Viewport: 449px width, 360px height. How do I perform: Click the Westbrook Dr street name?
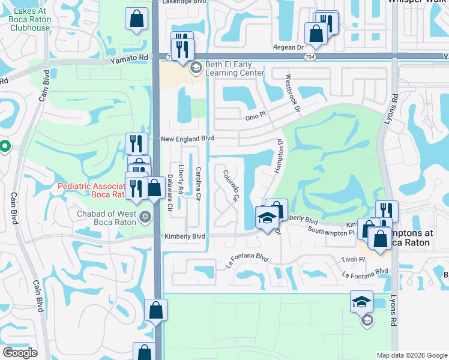click(293, 92)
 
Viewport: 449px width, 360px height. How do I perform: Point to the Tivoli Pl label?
click(352, 259)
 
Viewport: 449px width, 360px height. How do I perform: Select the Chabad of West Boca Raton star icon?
click(145, 215)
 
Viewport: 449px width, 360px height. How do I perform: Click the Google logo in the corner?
click(20, 352)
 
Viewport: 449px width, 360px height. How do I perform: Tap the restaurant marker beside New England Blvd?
click(136, 143)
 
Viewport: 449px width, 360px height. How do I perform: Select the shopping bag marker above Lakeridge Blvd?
click(137, 19)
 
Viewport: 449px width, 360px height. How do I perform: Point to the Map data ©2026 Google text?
click(411, 355)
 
